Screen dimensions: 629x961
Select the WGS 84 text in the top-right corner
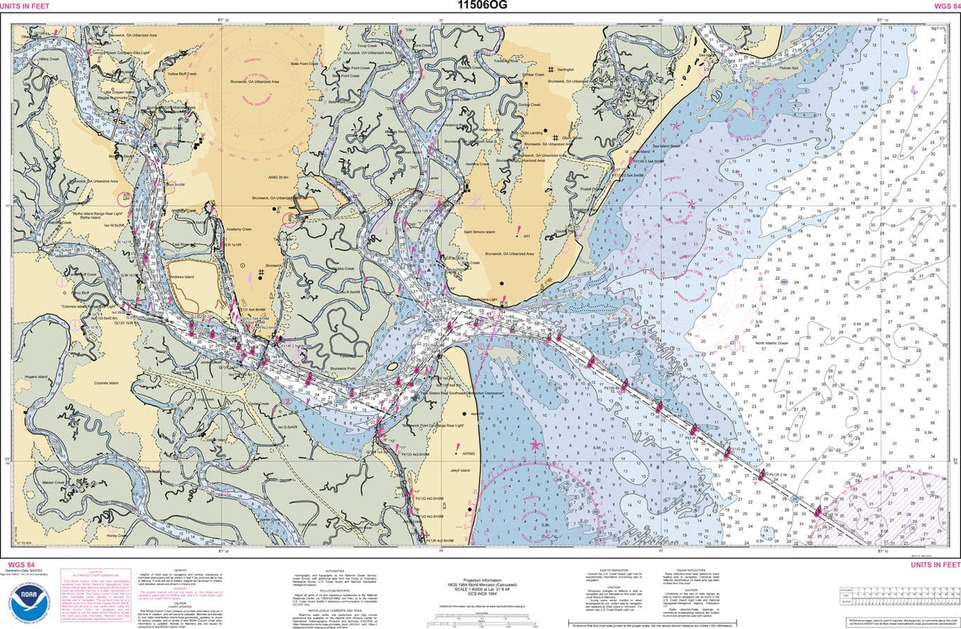tap(943, 6)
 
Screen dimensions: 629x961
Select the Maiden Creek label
tap(54, 483)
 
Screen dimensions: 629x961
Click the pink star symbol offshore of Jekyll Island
tap(535, 444)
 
